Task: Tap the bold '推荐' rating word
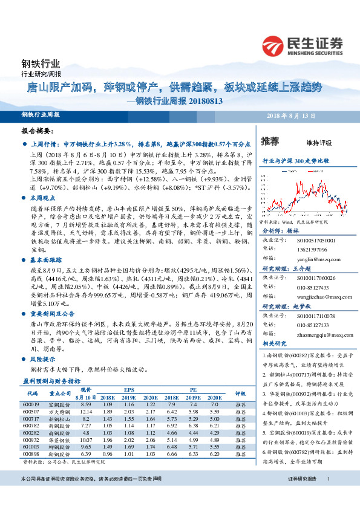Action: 269,142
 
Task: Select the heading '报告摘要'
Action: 38,131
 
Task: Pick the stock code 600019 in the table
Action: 30,404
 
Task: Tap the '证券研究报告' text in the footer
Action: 302,496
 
